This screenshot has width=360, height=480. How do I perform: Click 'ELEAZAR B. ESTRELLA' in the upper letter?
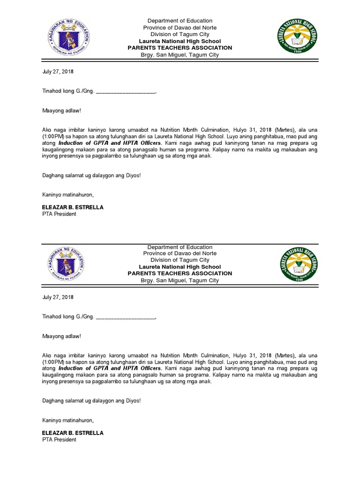click(x=73, y=207)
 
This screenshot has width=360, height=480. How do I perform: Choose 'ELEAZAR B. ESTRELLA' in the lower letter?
click(x=73, y=433)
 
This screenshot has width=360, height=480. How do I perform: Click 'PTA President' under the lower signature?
click(x=59, y=440)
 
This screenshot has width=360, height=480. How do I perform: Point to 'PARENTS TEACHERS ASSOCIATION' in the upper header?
click(x=180, y=48)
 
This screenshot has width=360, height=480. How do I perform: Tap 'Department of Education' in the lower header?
click(x=180, y=247)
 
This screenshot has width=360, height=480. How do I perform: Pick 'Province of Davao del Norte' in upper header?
click(x=180, y=28)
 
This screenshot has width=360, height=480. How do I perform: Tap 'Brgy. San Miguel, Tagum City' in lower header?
click(x=180, y=280)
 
